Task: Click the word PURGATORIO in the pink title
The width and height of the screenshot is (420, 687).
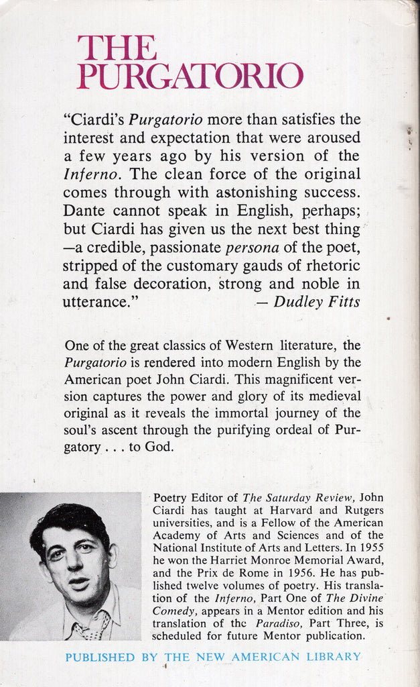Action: pos(190,76)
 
